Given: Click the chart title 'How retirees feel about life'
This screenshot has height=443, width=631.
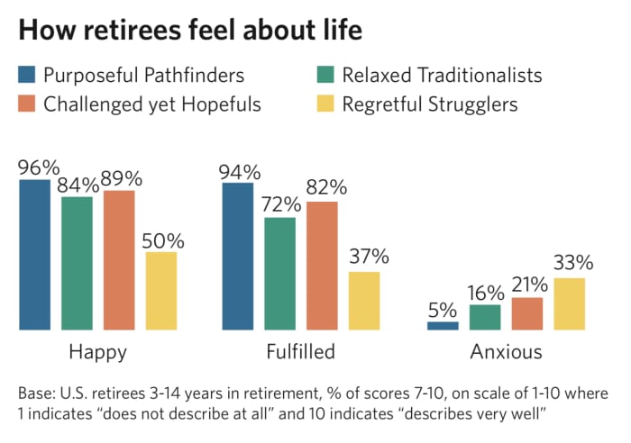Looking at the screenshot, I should click(x=190, y=30).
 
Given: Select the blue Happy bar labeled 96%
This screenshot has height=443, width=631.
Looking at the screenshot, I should click(x=35, y=255).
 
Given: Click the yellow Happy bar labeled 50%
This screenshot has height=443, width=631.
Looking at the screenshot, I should click(x=161, y=291).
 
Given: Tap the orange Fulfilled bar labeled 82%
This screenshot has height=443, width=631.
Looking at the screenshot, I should click(x=323, y=266).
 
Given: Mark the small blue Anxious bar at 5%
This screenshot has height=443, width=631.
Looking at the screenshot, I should click(x=443, y=325).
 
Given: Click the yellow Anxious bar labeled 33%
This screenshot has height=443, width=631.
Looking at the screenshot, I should click(x=569, y=303).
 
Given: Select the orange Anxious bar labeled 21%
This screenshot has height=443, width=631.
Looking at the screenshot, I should click(x=527, y=313).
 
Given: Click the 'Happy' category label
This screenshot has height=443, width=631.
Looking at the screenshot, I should click(x=97, y=352).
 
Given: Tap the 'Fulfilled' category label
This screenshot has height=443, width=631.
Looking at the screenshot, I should click(x=301, y=351).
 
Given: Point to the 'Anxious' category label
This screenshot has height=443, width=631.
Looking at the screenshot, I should click(x=506, y=351).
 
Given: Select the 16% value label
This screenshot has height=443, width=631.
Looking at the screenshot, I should click(x=485, y=294).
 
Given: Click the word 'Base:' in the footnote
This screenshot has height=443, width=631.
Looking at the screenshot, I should click(x=37, y=394).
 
